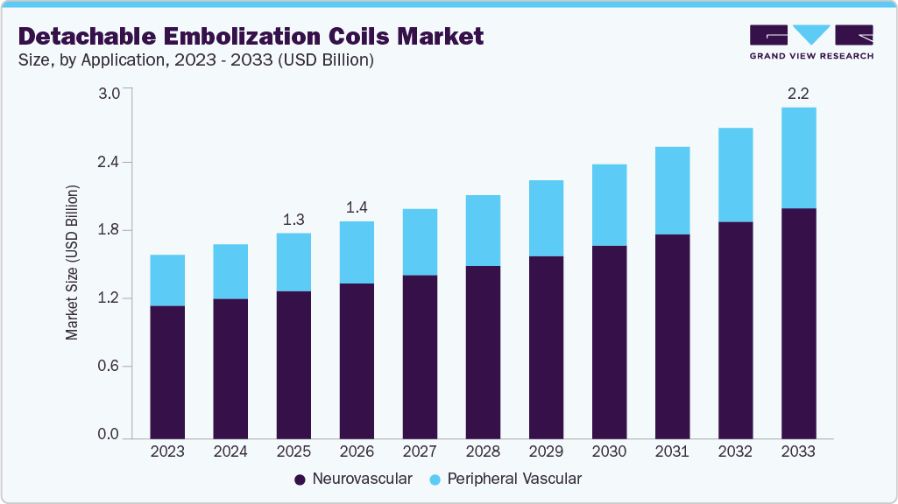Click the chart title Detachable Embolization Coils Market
tap(251, 36)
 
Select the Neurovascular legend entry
tap(352, 479)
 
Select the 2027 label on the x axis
tap(420, 451)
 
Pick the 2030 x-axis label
tap(609, 451)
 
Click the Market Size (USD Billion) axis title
tap(73, 262)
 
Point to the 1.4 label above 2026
tap(357, 207)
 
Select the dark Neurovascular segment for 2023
tap(167, 372)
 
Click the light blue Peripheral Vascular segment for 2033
tap(798, 157)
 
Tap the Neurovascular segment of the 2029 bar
tap(546, 346)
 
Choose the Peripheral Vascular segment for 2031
tap(672, 190)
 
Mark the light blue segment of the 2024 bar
tap(230, 271)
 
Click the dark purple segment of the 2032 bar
tap(735, 330)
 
